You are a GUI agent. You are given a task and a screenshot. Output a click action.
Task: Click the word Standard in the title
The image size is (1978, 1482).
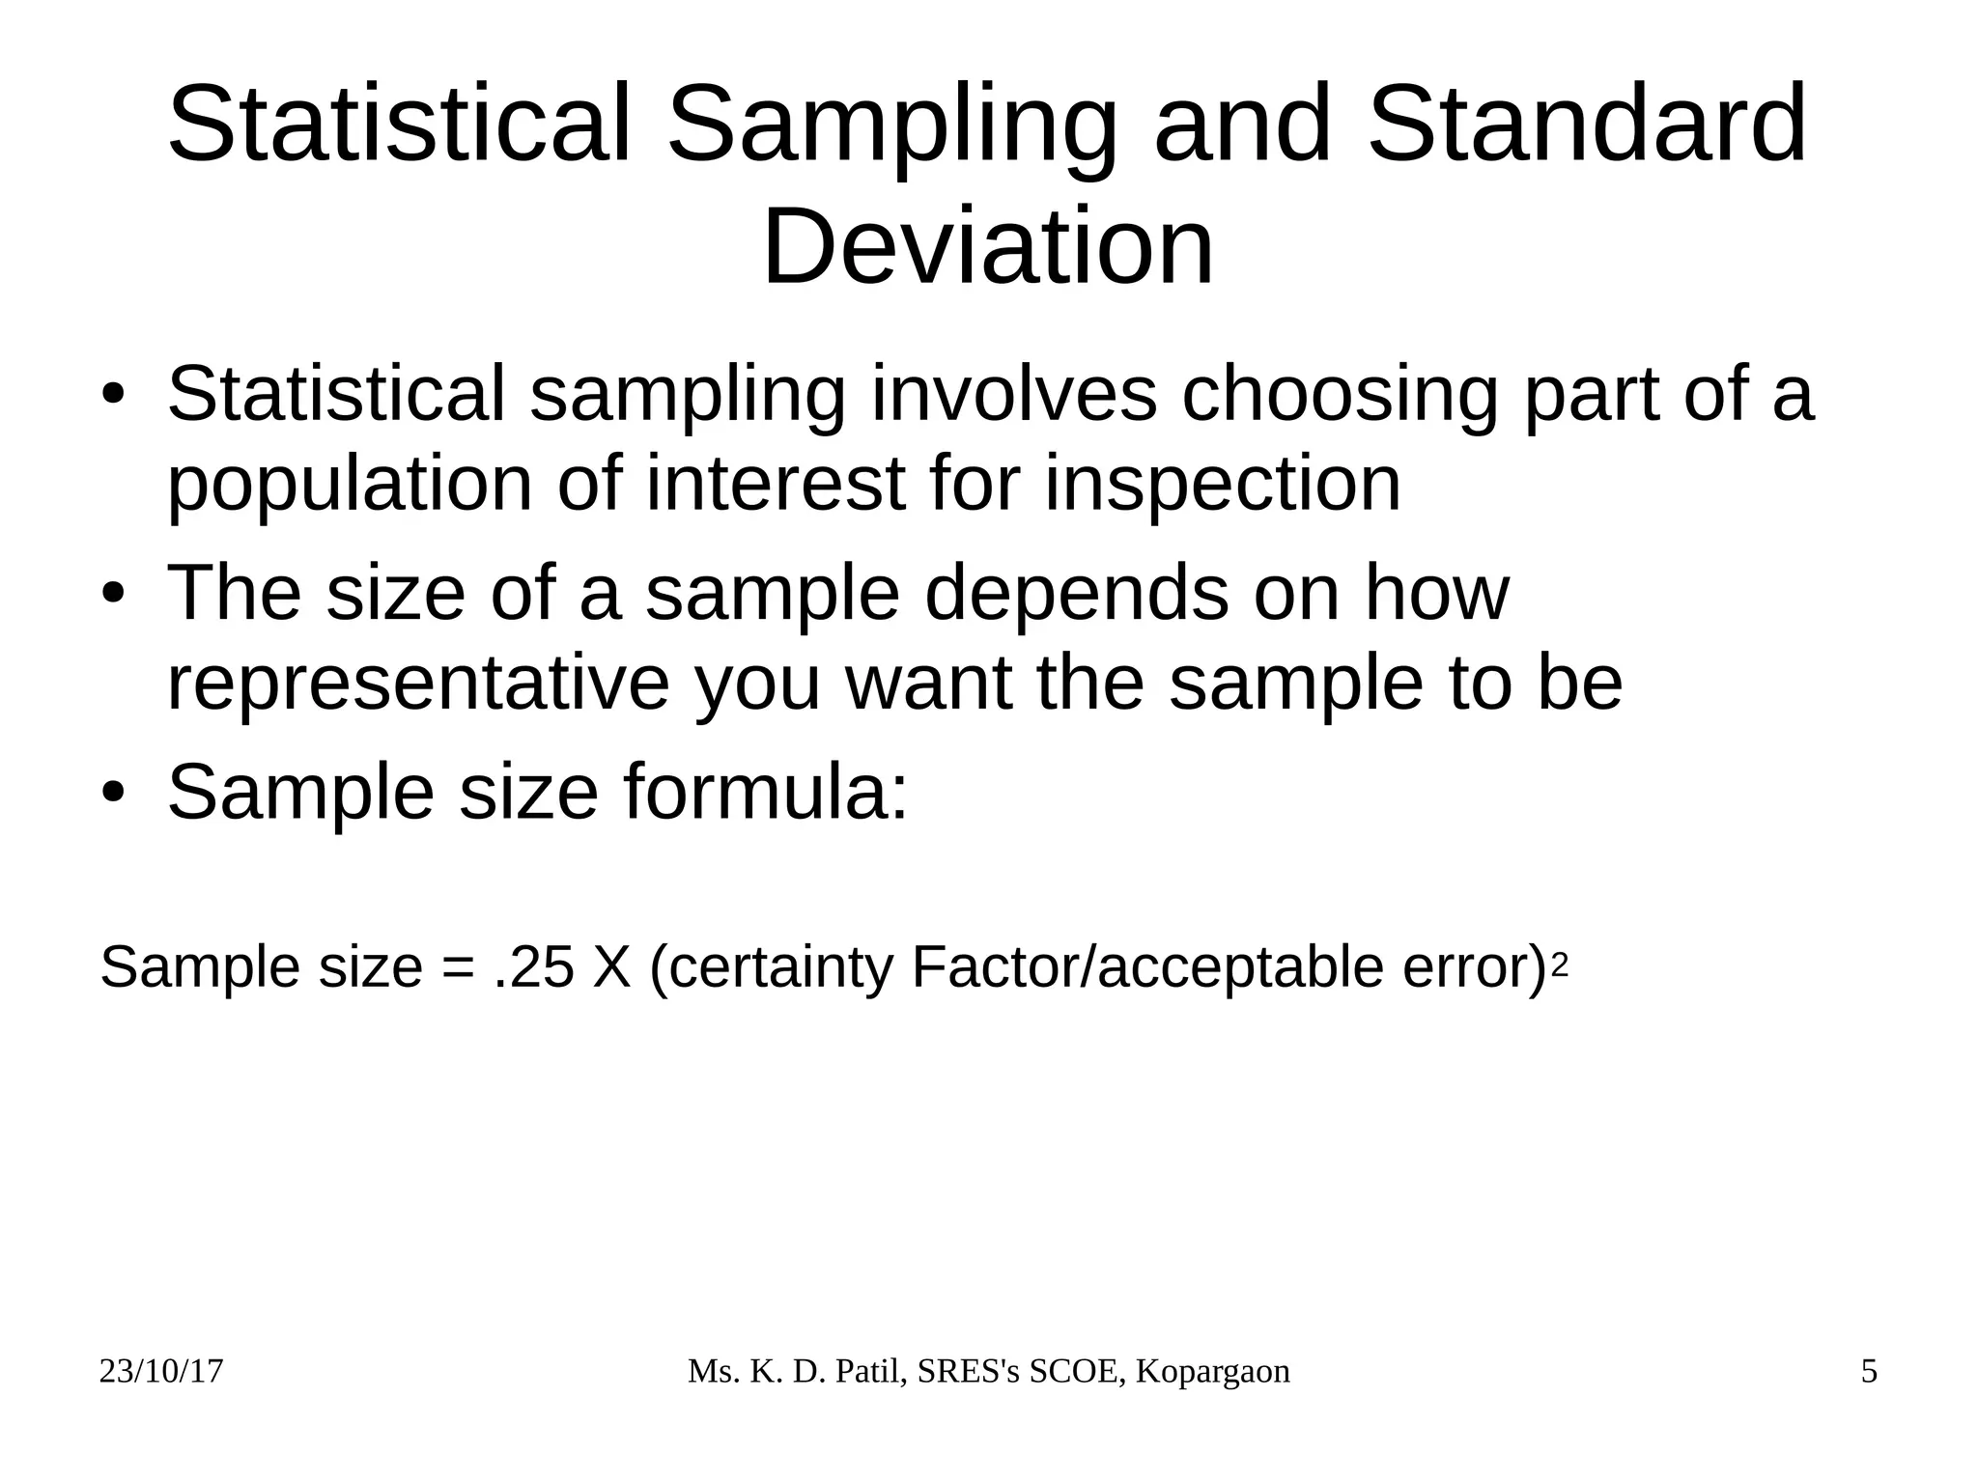point(1586,126)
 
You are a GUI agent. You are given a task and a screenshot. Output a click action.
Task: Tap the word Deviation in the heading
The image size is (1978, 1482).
point(987,247)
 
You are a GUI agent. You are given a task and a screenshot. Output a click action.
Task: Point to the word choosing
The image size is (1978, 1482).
point(1339,396)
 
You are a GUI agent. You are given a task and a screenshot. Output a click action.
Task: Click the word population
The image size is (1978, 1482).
point(350,485)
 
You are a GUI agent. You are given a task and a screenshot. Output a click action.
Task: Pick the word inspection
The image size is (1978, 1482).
point(1222,485)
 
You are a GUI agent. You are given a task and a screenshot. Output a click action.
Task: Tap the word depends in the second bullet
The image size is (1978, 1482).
point(1077,593)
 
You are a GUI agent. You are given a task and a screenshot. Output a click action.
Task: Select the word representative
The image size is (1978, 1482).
point(418,684)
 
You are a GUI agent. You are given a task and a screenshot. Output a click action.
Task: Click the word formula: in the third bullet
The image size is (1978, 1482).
point(766,792)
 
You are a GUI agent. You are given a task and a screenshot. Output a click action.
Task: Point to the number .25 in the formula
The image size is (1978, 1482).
point(532,967)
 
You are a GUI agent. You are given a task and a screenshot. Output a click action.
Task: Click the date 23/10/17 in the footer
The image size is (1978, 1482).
point(161,1372)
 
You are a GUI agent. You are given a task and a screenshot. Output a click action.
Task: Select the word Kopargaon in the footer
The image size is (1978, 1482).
point(1212,1372)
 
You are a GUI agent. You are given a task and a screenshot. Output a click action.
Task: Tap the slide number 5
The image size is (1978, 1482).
point(1869,1372)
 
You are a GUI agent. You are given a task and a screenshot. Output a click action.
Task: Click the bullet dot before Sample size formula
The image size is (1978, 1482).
point(114,793)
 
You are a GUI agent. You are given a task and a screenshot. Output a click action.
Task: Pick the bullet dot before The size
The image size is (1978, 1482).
point(114,594)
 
